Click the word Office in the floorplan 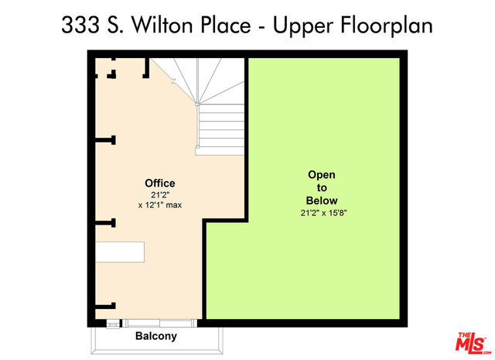pos(160,183)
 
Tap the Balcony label pos(156,336)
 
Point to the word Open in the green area pos(322,175)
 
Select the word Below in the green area pos(322,201)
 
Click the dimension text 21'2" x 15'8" pos(323,213)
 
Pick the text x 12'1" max pos(160,205)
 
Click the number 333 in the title pos(80,25)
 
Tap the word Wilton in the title pos(162,25)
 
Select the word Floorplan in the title pos(386,26)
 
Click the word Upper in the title pos(303,26)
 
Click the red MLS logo pos(473,343)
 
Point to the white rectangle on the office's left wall pos(120,252)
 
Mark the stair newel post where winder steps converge pos(197,104)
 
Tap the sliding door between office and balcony pos(160,323)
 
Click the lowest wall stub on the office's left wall pos(106,306)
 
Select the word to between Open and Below pos(322,188)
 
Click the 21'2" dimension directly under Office pos(160,194)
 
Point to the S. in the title pos(115,25)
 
